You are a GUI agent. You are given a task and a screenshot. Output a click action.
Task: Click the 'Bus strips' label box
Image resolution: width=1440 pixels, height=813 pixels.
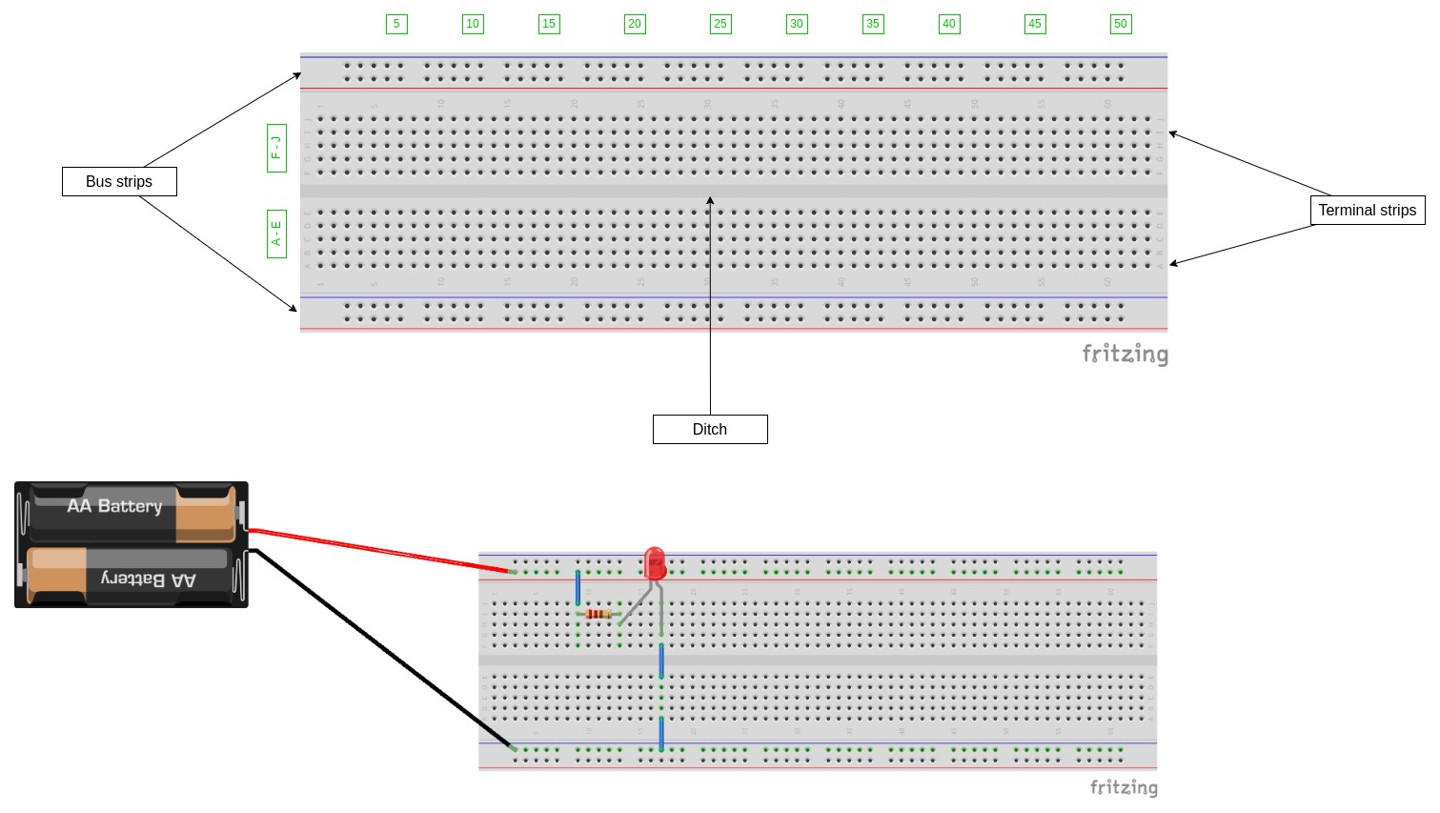(119, 182)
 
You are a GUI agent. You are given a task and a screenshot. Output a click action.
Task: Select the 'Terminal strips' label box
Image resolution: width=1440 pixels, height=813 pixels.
(1367, 211)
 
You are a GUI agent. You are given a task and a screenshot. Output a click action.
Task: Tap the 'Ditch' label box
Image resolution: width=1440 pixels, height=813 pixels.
(710, 430)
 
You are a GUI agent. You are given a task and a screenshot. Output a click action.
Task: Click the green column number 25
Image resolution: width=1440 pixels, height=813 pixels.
(720, 24)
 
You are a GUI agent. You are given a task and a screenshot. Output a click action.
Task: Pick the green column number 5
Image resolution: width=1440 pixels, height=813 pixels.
(396, 24)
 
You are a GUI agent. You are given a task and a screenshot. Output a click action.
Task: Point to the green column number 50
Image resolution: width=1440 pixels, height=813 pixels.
(1121, 24)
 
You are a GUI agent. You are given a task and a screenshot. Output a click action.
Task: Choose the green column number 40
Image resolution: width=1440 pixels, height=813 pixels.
(949, 24)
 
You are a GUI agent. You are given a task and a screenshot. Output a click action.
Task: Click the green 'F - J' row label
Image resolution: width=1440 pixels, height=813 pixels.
(276, 148)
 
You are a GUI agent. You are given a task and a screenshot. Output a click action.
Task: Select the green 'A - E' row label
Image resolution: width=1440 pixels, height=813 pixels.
(276, 234)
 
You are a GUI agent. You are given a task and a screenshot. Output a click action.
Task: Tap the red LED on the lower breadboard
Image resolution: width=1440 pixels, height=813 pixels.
(655, 563)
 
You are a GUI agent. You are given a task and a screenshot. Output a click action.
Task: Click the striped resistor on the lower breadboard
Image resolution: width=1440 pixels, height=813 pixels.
(598, 615)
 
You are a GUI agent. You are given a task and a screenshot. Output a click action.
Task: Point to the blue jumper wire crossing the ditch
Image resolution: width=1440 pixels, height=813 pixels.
(661, 661)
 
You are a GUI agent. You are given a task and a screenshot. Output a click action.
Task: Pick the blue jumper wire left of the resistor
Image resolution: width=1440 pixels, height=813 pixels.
(578, 588)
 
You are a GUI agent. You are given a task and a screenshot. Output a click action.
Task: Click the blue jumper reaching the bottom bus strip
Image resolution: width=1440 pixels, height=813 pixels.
(661, 734)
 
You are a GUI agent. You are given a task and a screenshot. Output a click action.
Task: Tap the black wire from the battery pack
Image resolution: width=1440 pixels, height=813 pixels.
(381, 648)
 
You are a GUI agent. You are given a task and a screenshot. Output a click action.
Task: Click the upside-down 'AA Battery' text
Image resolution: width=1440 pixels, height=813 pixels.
(149, 579)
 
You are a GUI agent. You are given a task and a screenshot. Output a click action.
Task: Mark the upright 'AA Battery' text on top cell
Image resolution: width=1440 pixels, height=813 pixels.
(114, 506)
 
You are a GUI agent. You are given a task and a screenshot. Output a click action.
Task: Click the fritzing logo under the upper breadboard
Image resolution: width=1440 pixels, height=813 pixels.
(1125, 355)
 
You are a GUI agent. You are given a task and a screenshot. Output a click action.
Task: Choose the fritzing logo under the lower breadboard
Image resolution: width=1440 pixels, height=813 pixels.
(1124, 787)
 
